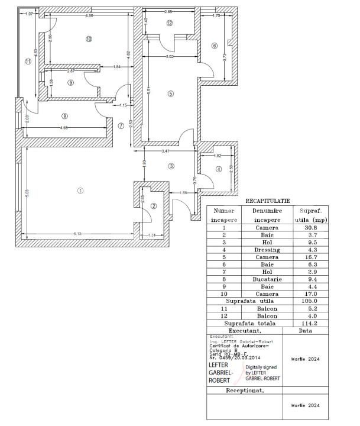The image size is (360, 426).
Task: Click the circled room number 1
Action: [x=80, y=190]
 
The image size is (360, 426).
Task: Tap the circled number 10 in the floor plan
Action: [x=89, y=39]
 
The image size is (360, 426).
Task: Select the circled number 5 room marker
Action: [x=170, y=93]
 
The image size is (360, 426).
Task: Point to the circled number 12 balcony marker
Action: [x=169, y=23]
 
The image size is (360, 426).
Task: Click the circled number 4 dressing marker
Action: [x=218, y=169]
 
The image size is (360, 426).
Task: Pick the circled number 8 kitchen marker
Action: [x=64, y=116]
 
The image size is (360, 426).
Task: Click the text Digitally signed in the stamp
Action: [x=261, y=367]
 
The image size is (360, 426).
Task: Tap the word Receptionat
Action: [x=245, y=390]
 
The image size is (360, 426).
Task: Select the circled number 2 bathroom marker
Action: [x=153, y=206]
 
